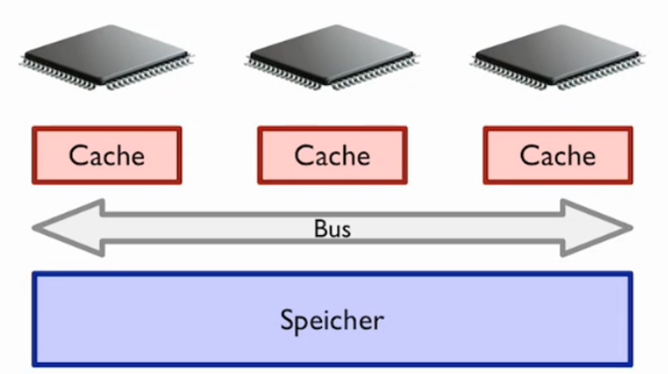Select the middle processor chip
pos(331,56)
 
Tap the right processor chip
pos(557,56)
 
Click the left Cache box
pos(107,155)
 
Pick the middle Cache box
pos(332,155)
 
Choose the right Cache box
pos(558,155)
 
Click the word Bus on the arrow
pos(332,229)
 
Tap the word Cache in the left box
pos(107,155)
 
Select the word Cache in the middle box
pos(332,155)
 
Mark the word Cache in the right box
pos(558,155)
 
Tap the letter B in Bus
pos(319,229)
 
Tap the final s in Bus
pos(345,230)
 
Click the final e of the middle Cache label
pos(361,156)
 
